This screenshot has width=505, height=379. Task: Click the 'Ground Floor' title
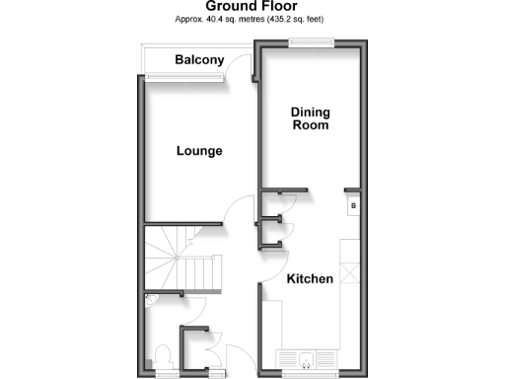(252, 7)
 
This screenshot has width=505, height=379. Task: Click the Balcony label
(199, 61)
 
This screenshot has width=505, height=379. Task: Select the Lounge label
(199, 152)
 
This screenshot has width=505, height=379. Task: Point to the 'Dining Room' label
(309, 119)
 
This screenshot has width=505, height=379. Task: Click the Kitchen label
(310, 279)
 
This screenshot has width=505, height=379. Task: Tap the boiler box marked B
(352, 206)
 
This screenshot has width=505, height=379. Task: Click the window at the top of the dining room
(311, 41)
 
